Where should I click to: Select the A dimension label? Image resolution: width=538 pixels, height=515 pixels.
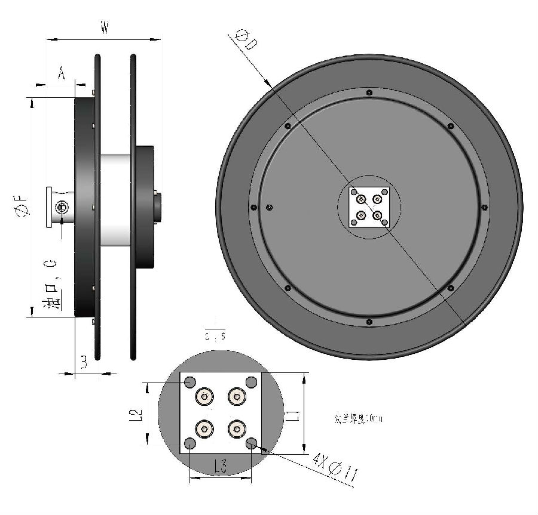[61, 73]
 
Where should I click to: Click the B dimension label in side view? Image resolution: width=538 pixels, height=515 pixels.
[84, 362]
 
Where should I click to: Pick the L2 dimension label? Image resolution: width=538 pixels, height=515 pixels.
[136, 414]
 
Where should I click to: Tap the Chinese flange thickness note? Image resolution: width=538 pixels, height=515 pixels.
[358, 419]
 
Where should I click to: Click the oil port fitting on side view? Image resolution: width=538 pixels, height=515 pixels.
[61, 207]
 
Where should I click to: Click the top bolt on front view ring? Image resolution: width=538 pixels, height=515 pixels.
[369, 92]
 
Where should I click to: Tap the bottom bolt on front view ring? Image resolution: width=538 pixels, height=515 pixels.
[369, 322]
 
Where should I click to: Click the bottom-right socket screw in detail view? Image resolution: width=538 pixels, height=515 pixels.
[237, 428]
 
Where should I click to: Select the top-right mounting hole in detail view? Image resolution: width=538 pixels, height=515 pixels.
[251, 382]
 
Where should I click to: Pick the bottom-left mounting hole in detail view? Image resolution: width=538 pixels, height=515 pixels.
[190, 443]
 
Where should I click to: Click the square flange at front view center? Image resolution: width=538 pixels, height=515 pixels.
[369, 207]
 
